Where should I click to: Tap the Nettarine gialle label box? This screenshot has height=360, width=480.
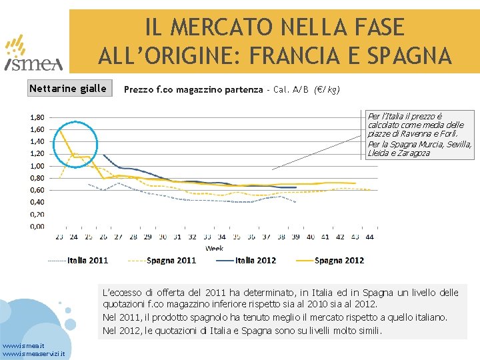click(68, 89)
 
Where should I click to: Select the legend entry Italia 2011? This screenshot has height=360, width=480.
click(87, 260)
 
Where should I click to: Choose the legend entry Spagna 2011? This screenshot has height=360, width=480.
click(171, 260)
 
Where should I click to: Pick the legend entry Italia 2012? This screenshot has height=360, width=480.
click(255, 260)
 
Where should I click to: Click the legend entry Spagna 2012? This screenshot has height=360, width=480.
click(339, 260)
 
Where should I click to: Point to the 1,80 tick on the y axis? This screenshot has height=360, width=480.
click(37, 117)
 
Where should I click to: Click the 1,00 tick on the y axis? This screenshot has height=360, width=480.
click(37, 166)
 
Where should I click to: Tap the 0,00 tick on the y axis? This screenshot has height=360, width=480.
click(37, 227)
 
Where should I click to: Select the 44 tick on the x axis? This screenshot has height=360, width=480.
click(369, 237)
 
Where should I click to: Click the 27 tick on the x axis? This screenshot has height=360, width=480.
click(118, 237)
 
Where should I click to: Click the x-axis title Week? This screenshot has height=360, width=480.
click(214, 247)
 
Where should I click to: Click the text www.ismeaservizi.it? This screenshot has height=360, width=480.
click(33, 354)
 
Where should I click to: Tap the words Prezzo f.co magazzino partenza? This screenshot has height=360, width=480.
click(193, 90)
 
